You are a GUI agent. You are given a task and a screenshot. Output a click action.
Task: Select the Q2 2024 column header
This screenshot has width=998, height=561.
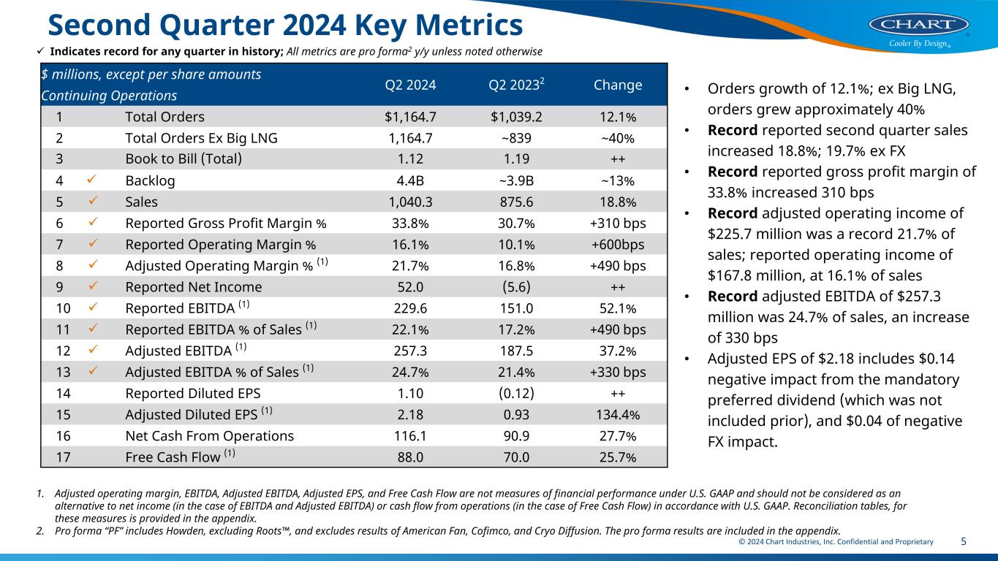(410, 85)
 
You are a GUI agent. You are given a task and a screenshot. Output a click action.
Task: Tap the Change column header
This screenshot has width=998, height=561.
(618, 85)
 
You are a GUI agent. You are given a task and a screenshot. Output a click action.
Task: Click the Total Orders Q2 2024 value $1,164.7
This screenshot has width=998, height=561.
(410, 117)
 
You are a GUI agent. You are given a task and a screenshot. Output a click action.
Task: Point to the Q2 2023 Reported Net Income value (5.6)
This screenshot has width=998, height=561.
(515, 287)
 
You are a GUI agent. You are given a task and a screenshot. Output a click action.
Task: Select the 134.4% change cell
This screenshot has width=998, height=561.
(618, 415)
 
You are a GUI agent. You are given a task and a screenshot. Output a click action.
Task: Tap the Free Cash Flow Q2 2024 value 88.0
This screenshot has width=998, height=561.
(410, 457)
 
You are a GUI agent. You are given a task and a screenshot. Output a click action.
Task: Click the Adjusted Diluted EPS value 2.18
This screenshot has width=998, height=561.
(410, 415)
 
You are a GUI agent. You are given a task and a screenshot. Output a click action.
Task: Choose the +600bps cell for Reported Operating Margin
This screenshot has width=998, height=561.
(618, 245)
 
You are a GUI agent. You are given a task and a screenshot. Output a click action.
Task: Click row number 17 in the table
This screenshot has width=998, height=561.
(64, 457)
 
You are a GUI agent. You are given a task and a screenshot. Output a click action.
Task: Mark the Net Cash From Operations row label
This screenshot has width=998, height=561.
(209, 436)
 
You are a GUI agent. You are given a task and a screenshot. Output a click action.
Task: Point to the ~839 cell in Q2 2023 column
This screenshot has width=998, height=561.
(515, 138)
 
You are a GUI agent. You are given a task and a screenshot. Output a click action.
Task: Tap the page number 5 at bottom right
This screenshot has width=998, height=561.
(964, 542)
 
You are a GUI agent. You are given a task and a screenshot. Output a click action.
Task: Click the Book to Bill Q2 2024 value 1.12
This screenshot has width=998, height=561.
(410, 159)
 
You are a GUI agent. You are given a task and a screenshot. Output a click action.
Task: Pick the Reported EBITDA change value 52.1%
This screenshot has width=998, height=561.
(618, 308)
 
